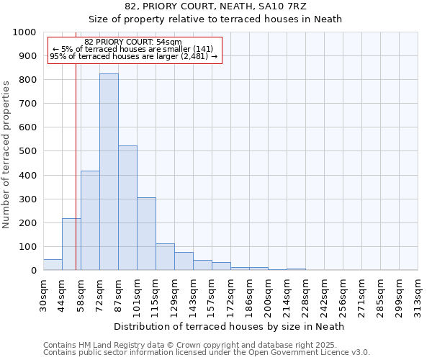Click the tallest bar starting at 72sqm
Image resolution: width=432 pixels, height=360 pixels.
(x=109, y=172)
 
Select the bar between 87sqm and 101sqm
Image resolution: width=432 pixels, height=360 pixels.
(x=127, y=208)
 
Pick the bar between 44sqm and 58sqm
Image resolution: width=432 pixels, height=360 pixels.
(x=71, y=244)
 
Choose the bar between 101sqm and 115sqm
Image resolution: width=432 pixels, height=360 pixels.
(x=146, y=234)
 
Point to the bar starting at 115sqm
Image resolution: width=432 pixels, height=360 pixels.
(x=165, y=257)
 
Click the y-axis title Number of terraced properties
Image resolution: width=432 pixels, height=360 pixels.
(x=7, y=154)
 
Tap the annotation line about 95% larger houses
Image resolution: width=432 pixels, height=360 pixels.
(x=133, y=56)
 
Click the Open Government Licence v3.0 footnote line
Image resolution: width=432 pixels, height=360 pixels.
(x=207, y=353)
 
